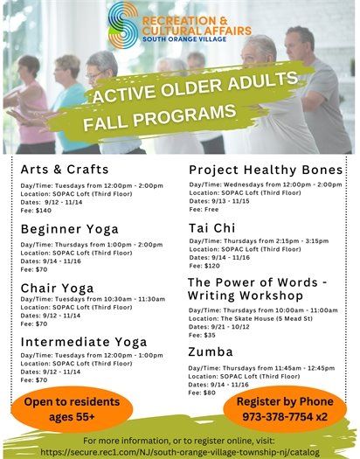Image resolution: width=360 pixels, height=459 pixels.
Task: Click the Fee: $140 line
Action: tap(37, 211)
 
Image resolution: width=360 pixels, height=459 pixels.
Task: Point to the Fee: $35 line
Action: tap(204, 335)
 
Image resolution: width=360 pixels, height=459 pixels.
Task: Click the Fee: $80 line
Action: tap(204, 393)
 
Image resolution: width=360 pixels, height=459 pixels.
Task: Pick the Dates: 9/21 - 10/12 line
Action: tap(219, 327)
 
